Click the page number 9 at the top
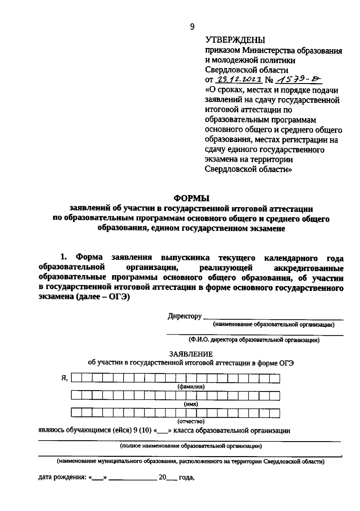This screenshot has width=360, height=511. [192, 27]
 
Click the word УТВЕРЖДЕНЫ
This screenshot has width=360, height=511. [235, 40]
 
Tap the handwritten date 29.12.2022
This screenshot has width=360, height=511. [238, 80]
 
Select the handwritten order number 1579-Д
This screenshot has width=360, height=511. [298, 79]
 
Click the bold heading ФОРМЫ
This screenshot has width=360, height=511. [192, 198]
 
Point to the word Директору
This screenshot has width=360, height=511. [184, 316]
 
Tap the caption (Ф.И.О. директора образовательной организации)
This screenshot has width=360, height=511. [254, 340]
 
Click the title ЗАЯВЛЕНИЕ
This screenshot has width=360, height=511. [191, 354]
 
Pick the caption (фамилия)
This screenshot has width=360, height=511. [191, 387]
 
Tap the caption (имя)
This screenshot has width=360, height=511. [191, 404]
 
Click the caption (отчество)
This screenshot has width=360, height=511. [191, 421]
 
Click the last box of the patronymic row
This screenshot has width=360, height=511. [275, 413]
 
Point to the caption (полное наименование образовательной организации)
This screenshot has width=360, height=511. [191, 446]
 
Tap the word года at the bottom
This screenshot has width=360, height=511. [187, 477]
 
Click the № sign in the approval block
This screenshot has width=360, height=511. [270, 80]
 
